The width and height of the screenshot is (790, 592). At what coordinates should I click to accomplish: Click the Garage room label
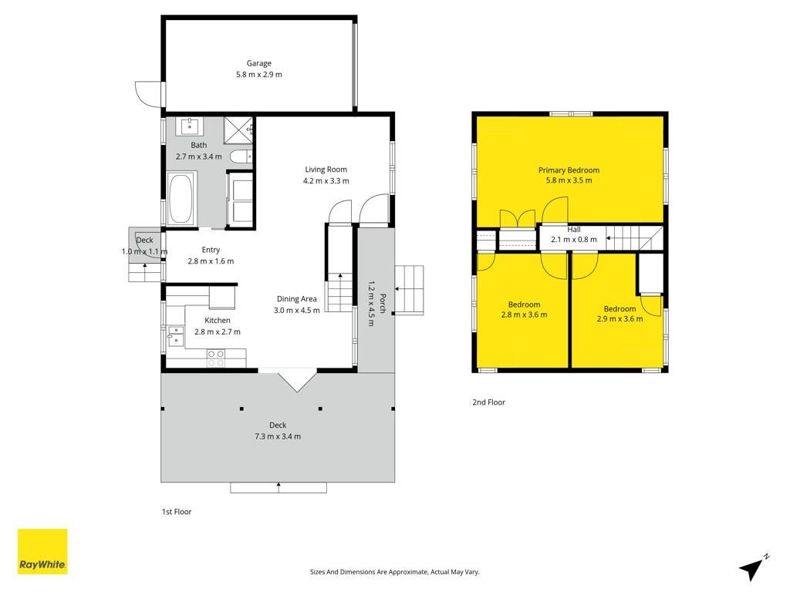point(258,63)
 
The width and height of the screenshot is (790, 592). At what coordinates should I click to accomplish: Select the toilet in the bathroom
point(241,156)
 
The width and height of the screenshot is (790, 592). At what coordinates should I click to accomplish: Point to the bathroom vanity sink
point(189,126)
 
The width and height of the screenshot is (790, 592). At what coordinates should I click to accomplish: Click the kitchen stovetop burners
point(216,358)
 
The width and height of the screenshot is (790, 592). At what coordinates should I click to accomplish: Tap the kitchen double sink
point(176,336)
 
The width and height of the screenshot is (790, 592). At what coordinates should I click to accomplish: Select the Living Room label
point(326,169)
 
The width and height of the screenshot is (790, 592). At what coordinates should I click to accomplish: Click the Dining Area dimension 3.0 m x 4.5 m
point(297,310)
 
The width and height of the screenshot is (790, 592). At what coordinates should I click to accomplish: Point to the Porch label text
point(383,304)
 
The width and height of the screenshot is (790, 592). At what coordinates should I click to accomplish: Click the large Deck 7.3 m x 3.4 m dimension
point(278,436)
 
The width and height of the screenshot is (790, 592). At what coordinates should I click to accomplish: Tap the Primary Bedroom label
point(569,170)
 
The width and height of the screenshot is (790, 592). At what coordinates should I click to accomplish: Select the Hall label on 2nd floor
point(574,230)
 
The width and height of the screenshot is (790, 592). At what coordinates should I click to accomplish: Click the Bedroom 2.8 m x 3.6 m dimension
point(524,314)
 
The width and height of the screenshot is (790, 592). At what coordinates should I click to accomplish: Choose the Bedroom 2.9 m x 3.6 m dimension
point(620,318)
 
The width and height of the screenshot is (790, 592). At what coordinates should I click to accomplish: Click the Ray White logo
point(42,551)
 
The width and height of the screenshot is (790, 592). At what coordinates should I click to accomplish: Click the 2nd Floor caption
point(488,402)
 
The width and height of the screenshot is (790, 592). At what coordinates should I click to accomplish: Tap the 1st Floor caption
point(177,512)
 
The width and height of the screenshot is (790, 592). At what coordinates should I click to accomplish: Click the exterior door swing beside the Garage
point(148,94)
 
